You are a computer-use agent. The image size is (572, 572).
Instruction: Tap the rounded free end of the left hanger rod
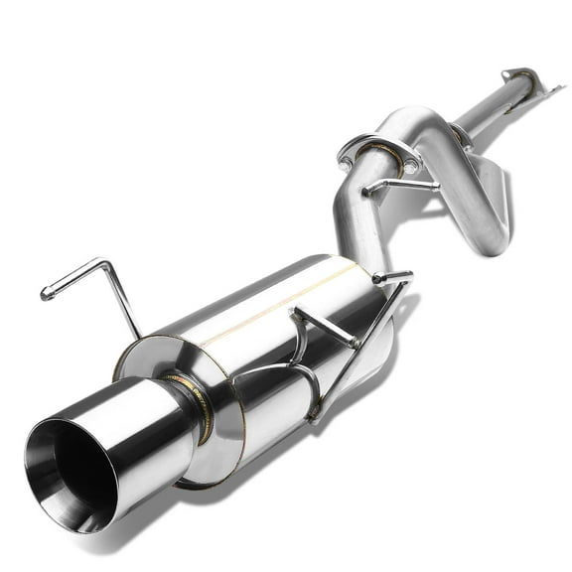click(x=46, y=294)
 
